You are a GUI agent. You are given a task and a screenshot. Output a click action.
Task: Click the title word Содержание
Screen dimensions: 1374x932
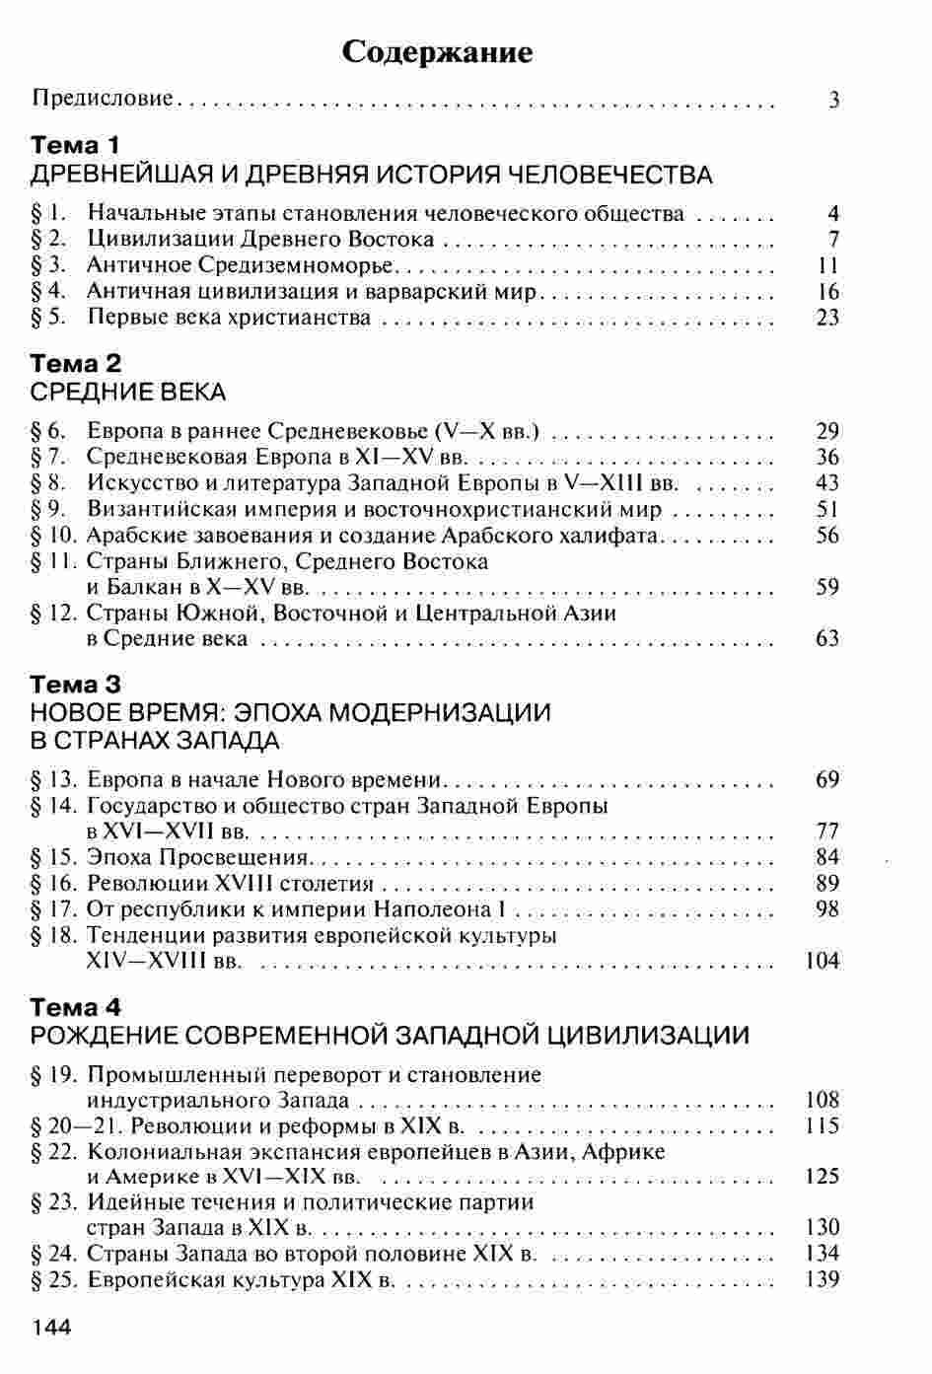tap(437, 51)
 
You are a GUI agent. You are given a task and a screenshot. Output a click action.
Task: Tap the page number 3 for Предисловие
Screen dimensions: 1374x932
tap(834, 100)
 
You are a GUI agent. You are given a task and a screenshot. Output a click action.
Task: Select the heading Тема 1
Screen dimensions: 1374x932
tap(75, 146)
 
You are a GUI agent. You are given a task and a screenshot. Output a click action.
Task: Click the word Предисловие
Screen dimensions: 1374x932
tap(104, 99)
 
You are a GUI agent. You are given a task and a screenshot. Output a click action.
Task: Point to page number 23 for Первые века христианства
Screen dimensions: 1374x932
tap(828, 318)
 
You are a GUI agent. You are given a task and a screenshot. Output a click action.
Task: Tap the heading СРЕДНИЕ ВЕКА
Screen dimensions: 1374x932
tap(128, 393)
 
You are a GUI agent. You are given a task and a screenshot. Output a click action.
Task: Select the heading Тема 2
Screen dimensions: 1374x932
tap(76, 364)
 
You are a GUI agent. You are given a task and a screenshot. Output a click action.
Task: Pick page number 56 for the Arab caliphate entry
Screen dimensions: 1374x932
tap(828, 536)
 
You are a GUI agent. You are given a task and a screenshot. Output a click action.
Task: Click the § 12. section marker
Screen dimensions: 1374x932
tap(54, 613)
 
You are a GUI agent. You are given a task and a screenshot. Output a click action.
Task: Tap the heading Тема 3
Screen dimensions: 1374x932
tap(76, 684)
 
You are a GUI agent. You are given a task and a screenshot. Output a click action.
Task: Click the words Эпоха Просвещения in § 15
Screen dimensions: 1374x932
tap(198, 856)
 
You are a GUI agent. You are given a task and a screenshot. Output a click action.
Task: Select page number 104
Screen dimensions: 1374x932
tap(823, 961)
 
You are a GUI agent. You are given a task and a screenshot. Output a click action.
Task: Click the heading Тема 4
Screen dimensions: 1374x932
tap(76, 1007)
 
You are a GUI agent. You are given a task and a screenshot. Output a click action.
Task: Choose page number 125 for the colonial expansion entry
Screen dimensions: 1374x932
tap(823, 1177)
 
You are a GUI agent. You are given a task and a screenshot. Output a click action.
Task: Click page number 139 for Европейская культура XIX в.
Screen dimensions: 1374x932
tap(823, 1280)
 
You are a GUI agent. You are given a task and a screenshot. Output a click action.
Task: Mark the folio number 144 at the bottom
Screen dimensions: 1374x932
tap(53, 1328)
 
